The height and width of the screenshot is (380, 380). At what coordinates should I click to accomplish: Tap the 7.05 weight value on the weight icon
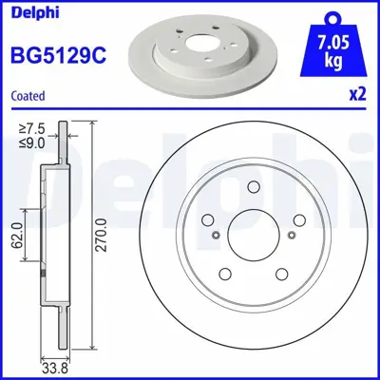point(332,42)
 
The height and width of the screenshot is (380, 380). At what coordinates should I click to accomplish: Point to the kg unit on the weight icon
point(332,60)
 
